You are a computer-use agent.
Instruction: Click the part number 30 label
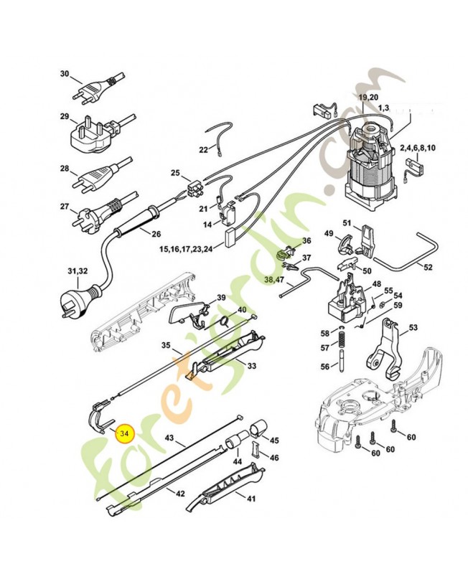click(x=64, y=74)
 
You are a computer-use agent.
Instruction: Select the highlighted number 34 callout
click(x=125, y=433)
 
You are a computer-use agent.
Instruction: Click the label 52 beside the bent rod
click(x=428, y=268)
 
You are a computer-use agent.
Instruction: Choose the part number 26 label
click(x=156, y=233)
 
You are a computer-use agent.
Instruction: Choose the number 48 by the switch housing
click(x=376, y=285)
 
